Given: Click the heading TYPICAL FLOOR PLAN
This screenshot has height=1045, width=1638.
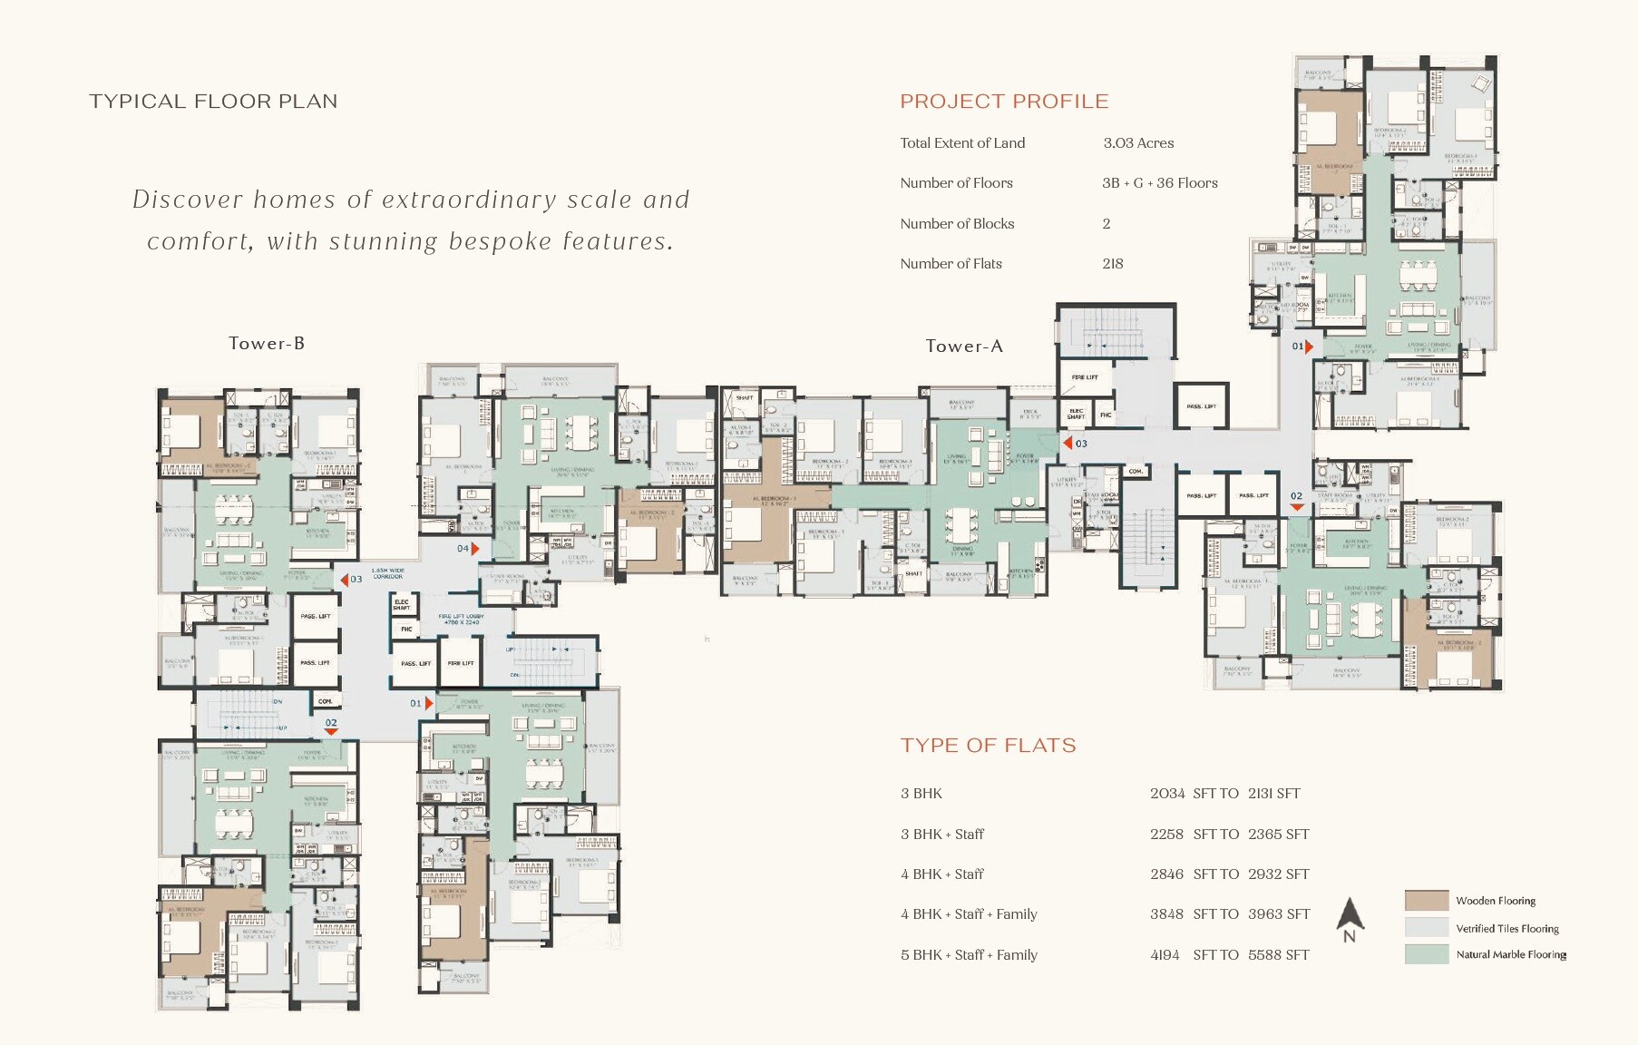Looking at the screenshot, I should point(213,102).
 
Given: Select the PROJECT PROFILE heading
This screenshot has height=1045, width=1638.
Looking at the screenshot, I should point(1004,102).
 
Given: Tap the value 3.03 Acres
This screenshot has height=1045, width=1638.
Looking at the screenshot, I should point(1138,143).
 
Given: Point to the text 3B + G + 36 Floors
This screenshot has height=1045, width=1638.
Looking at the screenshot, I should point(1159,183).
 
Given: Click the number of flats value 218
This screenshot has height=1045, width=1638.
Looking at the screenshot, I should point(1113,264).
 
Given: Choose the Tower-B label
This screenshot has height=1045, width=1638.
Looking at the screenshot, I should point(267,344).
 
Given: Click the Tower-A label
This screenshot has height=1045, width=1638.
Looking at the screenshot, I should point(964,347).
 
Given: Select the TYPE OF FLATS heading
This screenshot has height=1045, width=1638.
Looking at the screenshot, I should point(988,746).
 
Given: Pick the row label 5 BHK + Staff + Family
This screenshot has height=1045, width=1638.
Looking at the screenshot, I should point(969,955).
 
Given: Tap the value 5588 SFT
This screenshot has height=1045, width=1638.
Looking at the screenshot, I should point(1278,955).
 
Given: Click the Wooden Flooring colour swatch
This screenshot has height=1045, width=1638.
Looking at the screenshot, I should point(1426,901).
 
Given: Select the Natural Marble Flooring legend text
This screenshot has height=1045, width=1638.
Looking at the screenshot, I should point(1511,955).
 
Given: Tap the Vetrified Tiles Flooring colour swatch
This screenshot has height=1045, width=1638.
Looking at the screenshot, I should point(1426,928).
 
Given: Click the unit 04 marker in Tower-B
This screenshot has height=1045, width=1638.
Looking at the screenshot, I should point(467,549).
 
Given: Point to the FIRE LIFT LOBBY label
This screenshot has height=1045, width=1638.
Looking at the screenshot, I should point(461,620).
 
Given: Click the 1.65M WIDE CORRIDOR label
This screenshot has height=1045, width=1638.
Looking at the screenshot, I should point(387,573).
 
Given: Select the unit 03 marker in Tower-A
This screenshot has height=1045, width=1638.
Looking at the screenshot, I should point(1075,444).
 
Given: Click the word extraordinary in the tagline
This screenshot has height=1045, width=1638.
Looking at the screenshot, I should point(469,200).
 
